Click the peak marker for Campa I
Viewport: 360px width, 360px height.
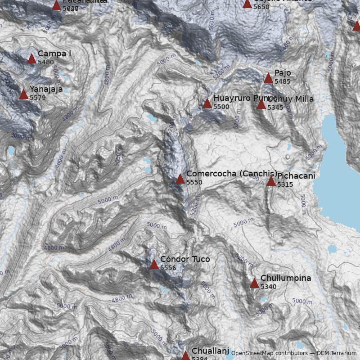31,58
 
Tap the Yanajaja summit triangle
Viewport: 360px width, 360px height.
23,94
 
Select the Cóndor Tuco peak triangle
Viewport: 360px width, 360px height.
154,264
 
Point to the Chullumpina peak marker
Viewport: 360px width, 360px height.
254,283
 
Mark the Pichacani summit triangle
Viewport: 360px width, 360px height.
270,181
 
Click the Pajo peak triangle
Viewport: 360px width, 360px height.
268,78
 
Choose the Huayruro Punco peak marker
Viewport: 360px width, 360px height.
207,103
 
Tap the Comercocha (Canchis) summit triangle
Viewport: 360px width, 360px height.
180,179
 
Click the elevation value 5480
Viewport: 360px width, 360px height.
46,62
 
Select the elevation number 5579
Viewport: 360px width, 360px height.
38,97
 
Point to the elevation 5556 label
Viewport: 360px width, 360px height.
168,268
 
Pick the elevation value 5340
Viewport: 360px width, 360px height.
269,287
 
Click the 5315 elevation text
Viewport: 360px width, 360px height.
285,184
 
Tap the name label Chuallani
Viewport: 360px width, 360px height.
211,351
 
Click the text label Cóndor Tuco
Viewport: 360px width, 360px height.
185,259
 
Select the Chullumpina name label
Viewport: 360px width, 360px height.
286,278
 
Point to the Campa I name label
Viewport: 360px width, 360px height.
54,54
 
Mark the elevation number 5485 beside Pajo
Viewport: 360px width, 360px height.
283,81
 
